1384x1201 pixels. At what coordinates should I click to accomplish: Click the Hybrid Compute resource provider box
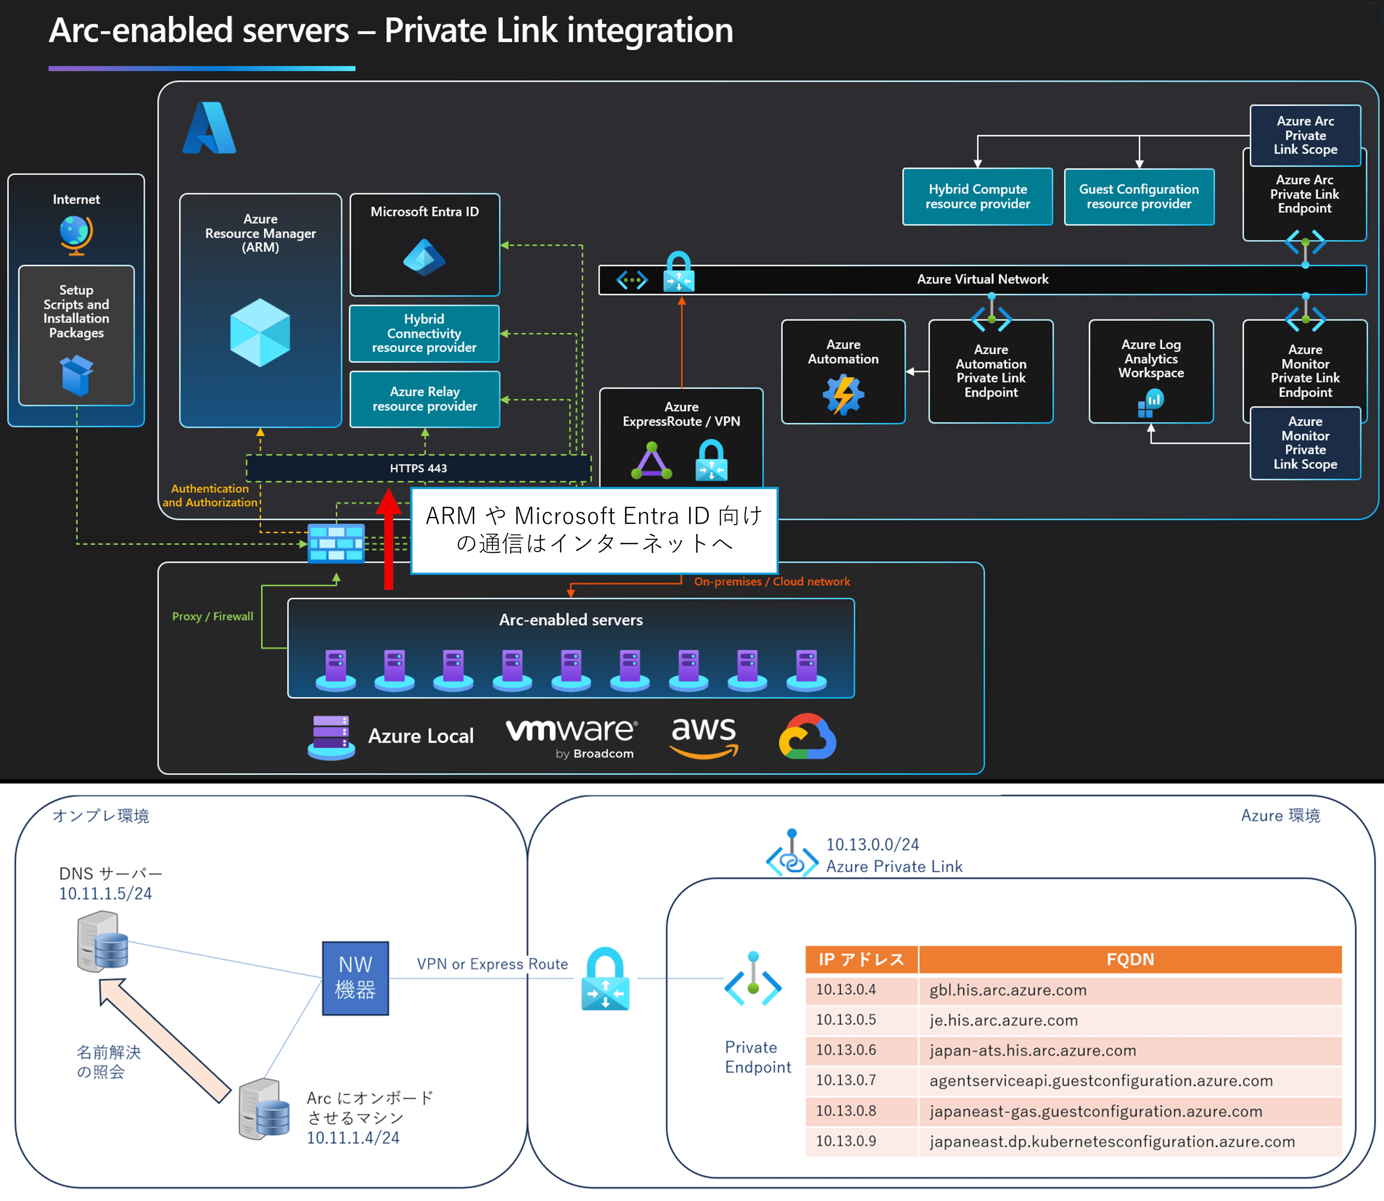coord(977,196)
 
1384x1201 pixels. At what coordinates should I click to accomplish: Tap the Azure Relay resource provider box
coord(424,399)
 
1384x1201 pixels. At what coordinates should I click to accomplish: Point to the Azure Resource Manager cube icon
coord(260,332)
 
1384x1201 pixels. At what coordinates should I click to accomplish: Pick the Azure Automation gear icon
coord(843,394)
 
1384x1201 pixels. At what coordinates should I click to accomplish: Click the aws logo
coord(704,735)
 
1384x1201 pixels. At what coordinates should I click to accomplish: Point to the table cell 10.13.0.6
coord(846,1050)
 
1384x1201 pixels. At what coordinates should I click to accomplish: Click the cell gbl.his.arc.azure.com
coord(1007,990)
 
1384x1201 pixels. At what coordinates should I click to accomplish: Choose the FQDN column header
coord(1130,959)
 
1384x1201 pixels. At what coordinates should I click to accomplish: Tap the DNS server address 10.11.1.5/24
coord(105,893)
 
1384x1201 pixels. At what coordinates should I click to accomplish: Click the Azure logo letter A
coord(210,128)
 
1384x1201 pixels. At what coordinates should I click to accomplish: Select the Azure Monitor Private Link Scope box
coord(1304,443)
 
